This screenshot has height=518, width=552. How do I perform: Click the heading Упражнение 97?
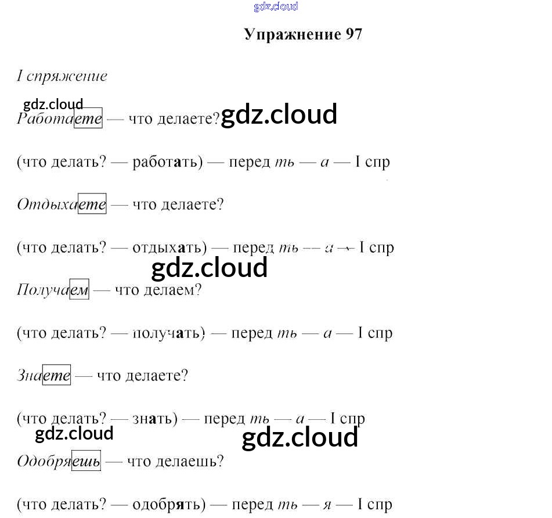303,34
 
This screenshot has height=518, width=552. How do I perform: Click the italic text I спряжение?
62,76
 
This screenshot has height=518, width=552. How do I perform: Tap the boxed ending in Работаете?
88,119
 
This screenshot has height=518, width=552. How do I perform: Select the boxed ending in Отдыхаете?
92,204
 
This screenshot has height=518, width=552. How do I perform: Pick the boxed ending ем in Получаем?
80,290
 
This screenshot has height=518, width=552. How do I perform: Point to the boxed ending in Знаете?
57,376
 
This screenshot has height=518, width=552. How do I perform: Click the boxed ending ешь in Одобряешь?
86,462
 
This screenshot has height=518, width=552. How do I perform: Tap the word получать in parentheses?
169,333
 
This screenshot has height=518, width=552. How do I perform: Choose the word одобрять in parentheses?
169,504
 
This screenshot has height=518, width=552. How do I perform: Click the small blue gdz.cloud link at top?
276,7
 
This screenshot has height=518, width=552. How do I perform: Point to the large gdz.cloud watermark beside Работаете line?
279,114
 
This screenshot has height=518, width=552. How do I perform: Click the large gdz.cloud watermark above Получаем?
209,268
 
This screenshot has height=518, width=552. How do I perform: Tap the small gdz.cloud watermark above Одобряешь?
74,434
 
